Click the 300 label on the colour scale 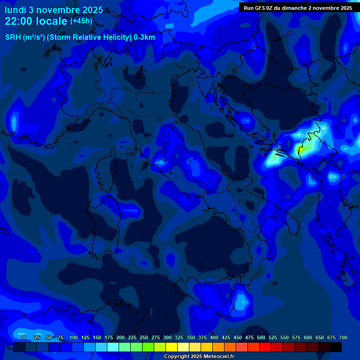167,337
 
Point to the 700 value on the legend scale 343,337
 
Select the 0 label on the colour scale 24,337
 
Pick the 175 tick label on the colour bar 109,337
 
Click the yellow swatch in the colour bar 172,347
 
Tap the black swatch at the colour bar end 336,347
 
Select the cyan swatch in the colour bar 113,347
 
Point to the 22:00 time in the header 19,21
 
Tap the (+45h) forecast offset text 81,21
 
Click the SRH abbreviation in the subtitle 13,37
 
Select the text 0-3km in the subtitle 144,37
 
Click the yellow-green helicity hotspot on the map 301,150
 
